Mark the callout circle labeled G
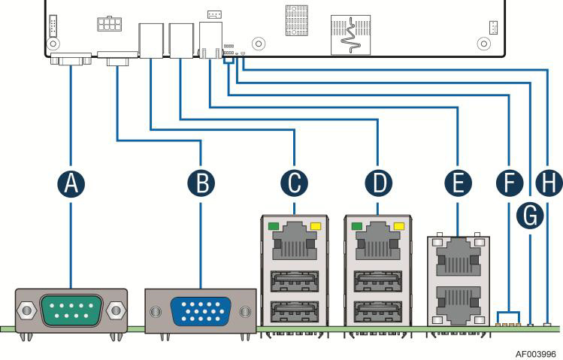pyautogui.click(x=531, y=216)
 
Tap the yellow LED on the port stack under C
pyautogui.click(x=315, y=225)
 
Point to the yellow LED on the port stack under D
pyautogui.click(x=399, y=225)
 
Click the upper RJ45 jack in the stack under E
pyautogui.click(x=459, y=259)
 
